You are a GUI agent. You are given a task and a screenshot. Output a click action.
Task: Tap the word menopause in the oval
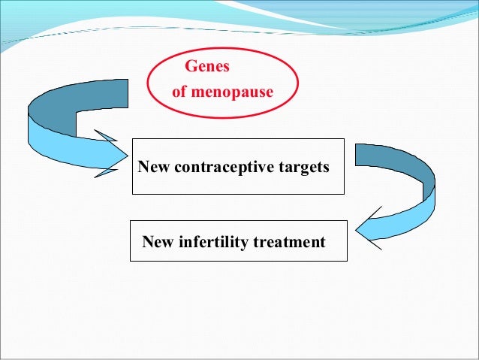(233, 93)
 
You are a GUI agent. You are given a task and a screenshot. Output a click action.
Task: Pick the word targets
(304, 167)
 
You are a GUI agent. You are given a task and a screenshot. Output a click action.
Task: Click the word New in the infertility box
(159, 242)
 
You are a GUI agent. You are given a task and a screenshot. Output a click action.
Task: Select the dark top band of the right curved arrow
(394, 158)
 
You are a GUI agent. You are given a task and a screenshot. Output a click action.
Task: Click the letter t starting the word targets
(281, 167)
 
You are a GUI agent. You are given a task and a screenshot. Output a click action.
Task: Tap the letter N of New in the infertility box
(147, 242)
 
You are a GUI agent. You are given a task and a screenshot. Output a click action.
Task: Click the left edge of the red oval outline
(149, 83)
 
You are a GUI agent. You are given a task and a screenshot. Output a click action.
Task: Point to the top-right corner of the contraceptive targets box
(344, 139)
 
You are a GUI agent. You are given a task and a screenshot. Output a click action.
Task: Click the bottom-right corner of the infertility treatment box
(347, 261)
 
